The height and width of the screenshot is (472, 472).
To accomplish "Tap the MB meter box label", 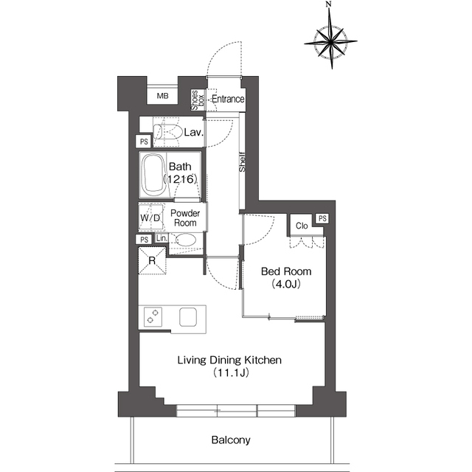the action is pyautogui.click(x=162, y=96).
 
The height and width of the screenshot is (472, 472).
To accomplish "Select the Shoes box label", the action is pyautogui.click(x=198, y=100).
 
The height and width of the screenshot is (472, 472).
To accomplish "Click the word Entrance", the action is pyautogui.click(x=228, y=99).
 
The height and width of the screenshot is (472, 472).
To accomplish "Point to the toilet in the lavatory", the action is pyautogui.click(x=167, y=131).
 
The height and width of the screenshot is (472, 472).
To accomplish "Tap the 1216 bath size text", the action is pyautogui.click(x=180, y=179).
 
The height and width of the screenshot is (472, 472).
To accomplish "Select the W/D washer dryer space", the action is pyautogui.click(x=151, y=217).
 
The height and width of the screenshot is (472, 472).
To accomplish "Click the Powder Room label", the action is pyautogui.click(x=185, y=218).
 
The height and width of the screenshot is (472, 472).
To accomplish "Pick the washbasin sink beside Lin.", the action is pyautogui.click(x=186, y=240).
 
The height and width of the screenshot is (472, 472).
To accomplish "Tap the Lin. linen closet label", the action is pyautogui.click(x=162, y=238).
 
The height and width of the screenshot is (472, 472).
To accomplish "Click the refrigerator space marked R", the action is pyautogui.click(x=152, y=260).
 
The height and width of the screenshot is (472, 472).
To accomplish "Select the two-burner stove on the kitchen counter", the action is pyautogui.click(x=153, y=316).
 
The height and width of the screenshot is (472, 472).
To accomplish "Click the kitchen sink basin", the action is pyautogui.click(x=188, y=317).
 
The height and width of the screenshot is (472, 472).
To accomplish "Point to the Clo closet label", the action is pyautogui.click(x=302, y=226).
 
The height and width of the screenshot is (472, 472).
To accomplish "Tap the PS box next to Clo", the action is pyautogui.click(x=322, y=218).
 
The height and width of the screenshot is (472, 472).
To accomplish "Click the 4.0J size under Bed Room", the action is pyautogui.click(x=286, y=284).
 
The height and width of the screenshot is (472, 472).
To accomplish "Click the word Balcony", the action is pyautogui.click(x=231, y=440).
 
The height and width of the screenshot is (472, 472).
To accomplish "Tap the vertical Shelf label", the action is pyautogui.click(x=242, y=162).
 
